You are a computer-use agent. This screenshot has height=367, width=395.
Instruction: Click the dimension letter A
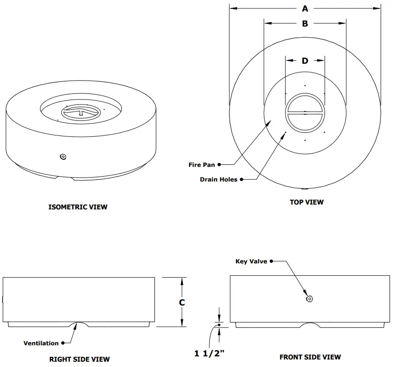click(305, 8)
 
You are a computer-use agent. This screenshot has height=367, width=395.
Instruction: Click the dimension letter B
click(305, 24)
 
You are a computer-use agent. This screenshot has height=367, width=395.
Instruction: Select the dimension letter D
click(305, 61)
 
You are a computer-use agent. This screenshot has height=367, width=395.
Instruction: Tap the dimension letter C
click(182, 302)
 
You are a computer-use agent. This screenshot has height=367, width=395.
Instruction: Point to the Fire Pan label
click(201, 165)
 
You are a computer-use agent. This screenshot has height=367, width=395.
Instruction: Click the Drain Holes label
click(218, 179)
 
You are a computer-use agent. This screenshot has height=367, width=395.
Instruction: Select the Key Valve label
click(251, 261)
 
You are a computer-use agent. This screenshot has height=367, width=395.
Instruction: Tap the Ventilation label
click(41, 343)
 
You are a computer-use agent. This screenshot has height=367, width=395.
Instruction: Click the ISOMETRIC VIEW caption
click(78, 207)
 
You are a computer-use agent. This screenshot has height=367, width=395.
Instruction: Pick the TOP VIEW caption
click(306, 202)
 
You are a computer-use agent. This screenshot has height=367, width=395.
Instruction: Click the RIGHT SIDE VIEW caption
click(79, 359)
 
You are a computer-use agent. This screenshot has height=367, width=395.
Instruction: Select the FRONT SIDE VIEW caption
click(310, 357)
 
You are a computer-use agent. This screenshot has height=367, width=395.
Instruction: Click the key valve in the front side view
click(310, 299)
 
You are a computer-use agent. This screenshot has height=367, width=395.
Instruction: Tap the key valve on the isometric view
click(63, 156)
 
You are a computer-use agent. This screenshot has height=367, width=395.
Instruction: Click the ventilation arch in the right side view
click(79, 325)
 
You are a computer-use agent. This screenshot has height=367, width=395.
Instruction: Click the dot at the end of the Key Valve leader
click(271, 261)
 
